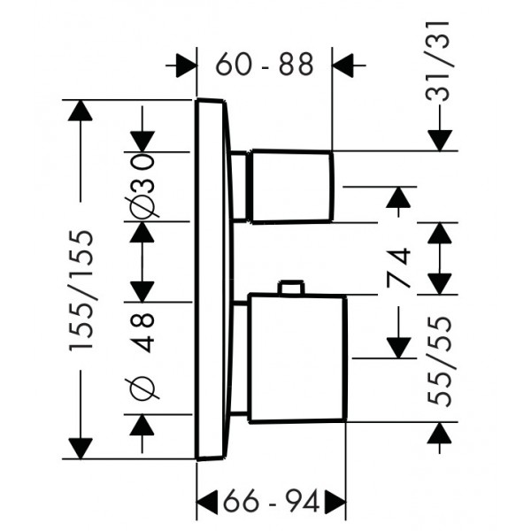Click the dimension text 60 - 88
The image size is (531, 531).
[x=265, y=64]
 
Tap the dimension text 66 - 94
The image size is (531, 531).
[x=272, y=501]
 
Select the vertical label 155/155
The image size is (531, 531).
[x=81, y=291]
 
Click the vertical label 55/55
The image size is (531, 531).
[x=440, y=361]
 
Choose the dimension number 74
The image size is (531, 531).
[x=398, y=267]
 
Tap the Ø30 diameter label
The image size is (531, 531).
[x=142, y=186]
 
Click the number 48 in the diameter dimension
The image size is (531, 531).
[x=142, y=333]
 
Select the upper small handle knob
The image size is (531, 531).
[x=291, y=186]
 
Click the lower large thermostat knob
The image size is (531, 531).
[x=297, y=358]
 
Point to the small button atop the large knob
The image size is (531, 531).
[x=290, y=287]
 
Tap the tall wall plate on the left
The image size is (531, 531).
[x=214, y=280]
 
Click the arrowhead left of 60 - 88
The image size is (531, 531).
[x=186, y=65]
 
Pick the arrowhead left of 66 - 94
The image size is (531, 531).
[x=207, y=501]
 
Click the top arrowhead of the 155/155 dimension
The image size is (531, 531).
[x=80, y=110]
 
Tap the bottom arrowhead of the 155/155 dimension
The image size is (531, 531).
[x=81, y=449]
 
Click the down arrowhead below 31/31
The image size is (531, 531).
[x=440, y=141]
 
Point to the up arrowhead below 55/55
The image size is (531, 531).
[x=440, y=433]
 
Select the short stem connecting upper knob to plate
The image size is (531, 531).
[x=240, y=187]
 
